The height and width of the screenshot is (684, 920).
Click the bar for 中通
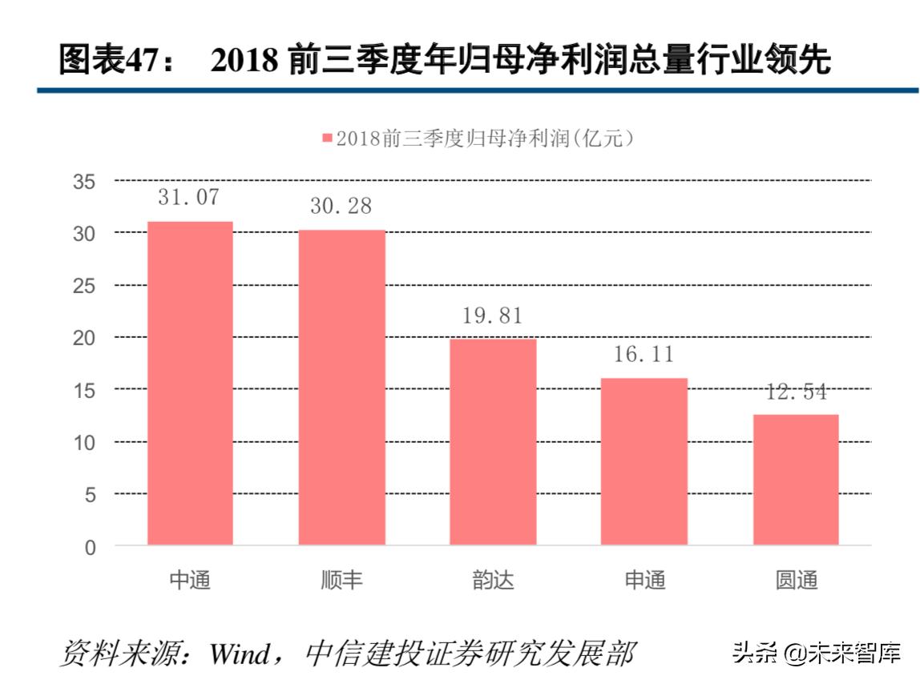pyautogui.click(x=190, y=383)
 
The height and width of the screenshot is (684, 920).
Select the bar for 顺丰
pyautogui.click(x=342, y=387)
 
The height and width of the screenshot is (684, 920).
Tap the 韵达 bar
pyautogui.click(x=493, y=441)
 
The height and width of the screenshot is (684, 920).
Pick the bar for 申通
pyautogui.click(x=644, y=461)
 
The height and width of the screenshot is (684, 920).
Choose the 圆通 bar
pyautogui.click(x=796, y=479)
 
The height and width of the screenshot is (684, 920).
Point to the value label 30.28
pyautogui.click(x=341, y=206)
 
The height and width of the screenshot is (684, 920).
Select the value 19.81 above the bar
pyautogui.click(x=492, y=316)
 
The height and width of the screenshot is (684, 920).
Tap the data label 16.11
pyautogui.click(x=644, y=354)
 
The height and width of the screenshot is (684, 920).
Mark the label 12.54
pyautogui.click(x=795, y=392)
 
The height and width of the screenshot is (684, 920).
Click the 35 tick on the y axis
pyautogui.click(x=85, y=182)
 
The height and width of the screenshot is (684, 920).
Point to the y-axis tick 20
pyautogui.click(x=85, y=338)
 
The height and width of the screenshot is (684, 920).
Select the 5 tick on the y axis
pyautogui.click(x=91, y=495)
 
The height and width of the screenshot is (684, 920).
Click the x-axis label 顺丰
pyautogui.click(x=342, y=580)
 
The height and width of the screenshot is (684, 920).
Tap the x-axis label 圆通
pyautogui.click(x=796, y=580)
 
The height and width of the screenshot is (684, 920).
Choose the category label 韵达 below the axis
pyautogui.click(x=493, y=580)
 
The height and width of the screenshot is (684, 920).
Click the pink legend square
pyautogui.click(x=326, y=139)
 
